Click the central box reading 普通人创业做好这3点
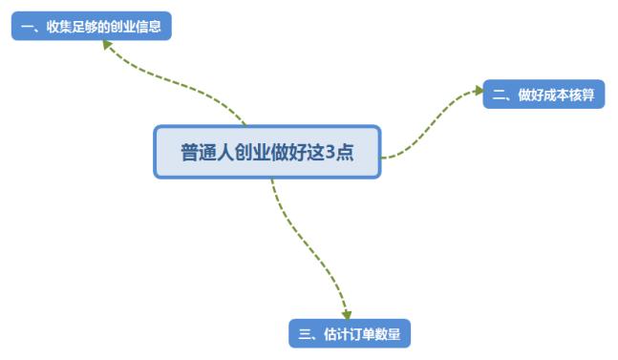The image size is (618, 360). click(267, 152)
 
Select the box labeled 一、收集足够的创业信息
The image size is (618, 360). click(91, 26)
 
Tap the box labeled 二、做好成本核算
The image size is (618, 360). click(543, 95)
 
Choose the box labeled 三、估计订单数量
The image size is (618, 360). click(350, 333)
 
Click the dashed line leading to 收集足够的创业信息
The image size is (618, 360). click(181, 87)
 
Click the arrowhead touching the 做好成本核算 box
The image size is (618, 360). click(478, 91)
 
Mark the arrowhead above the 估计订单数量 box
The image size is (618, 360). click(347, 312)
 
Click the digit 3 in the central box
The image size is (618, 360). click(330, 152)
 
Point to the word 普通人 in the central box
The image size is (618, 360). click(204, 152)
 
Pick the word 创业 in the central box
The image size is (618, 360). click(245, 152)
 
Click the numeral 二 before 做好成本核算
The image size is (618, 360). click(499, 95)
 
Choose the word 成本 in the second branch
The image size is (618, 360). click(557, 95)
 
